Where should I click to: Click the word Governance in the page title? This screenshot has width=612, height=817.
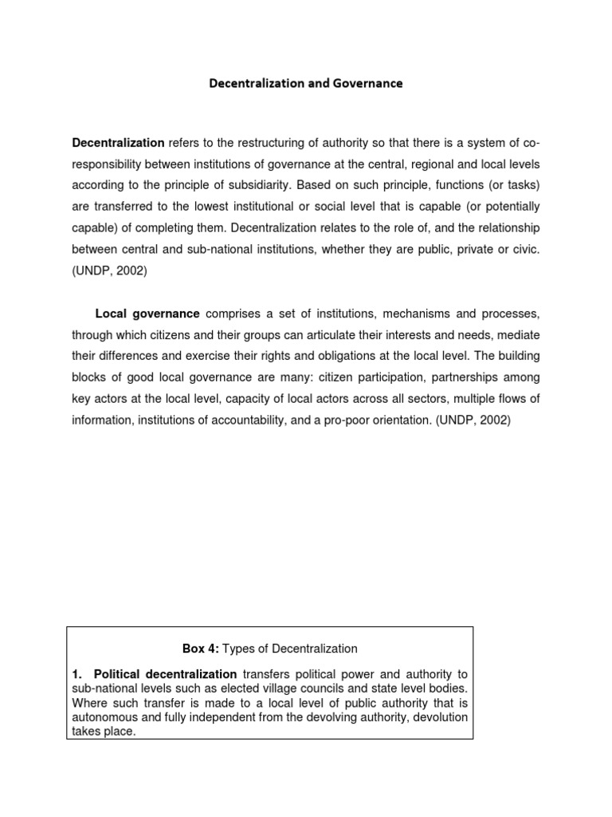click(x=364, y=83)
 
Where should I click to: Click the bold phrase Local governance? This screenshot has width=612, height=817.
click(x=147, y=314)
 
